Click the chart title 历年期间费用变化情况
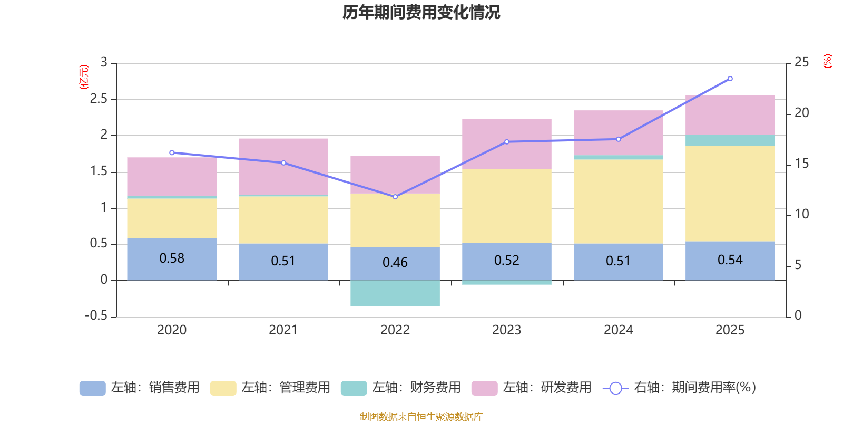tap(421, 12)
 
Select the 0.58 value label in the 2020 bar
tap(172, 258)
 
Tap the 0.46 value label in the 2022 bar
tap(395, 263)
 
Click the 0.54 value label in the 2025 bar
tap(730, 260)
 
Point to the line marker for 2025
tap(730, 79)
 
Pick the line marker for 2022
tap(395, 197)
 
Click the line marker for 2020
tap(172, 152)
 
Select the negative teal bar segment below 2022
tap(395, 293)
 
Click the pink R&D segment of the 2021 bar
tap(283, 166)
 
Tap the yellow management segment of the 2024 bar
tap(618, 201)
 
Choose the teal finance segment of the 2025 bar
tap(730, 140)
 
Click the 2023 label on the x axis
tap(506, 330)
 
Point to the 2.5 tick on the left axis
tap(99, 99)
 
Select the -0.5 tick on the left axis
tap(96, 315)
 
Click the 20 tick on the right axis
tap(801, 113)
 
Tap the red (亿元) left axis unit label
tap(83, 77)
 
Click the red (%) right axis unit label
tap(827, 61)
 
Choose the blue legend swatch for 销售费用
tap(92, 388)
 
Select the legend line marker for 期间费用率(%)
tap(615, 388)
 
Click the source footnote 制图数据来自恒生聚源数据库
tap(421, 417)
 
